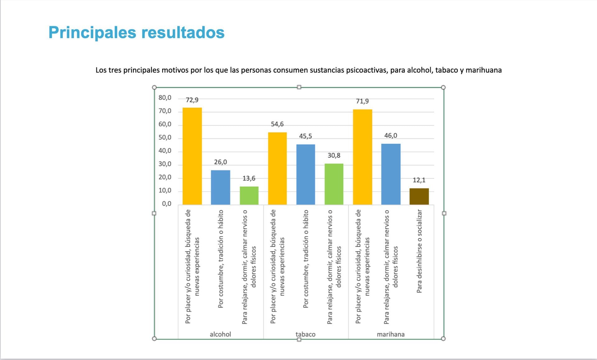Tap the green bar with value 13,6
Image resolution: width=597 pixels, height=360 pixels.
[x=249, y=195]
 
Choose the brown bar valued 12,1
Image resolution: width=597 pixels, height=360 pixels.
[x=419, y=196]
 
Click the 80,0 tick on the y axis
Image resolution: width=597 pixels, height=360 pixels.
[x=165, y=98]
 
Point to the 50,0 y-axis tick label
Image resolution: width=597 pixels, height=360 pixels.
[x=165, y=138]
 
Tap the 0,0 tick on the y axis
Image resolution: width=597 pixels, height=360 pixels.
[x=167, y=204]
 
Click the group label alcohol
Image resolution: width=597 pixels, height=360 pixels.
[x=220, y=334]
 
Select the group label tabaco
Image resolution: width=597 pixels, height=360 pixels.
[x=305, y=334]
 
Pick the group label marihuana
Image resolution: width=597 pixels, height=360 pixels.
[x=391, y=334]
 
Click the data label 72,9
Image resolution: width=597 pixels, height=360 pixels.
[x=192, y=100]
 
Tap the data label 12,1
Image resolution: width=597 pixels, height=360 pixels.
[x=419, y=180]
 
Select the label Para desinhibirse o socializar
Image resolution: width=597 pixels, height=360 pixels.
[x=419, y=251]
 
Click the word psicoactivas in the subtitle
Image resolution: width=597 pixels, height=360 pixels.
[x=367, y=70]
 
